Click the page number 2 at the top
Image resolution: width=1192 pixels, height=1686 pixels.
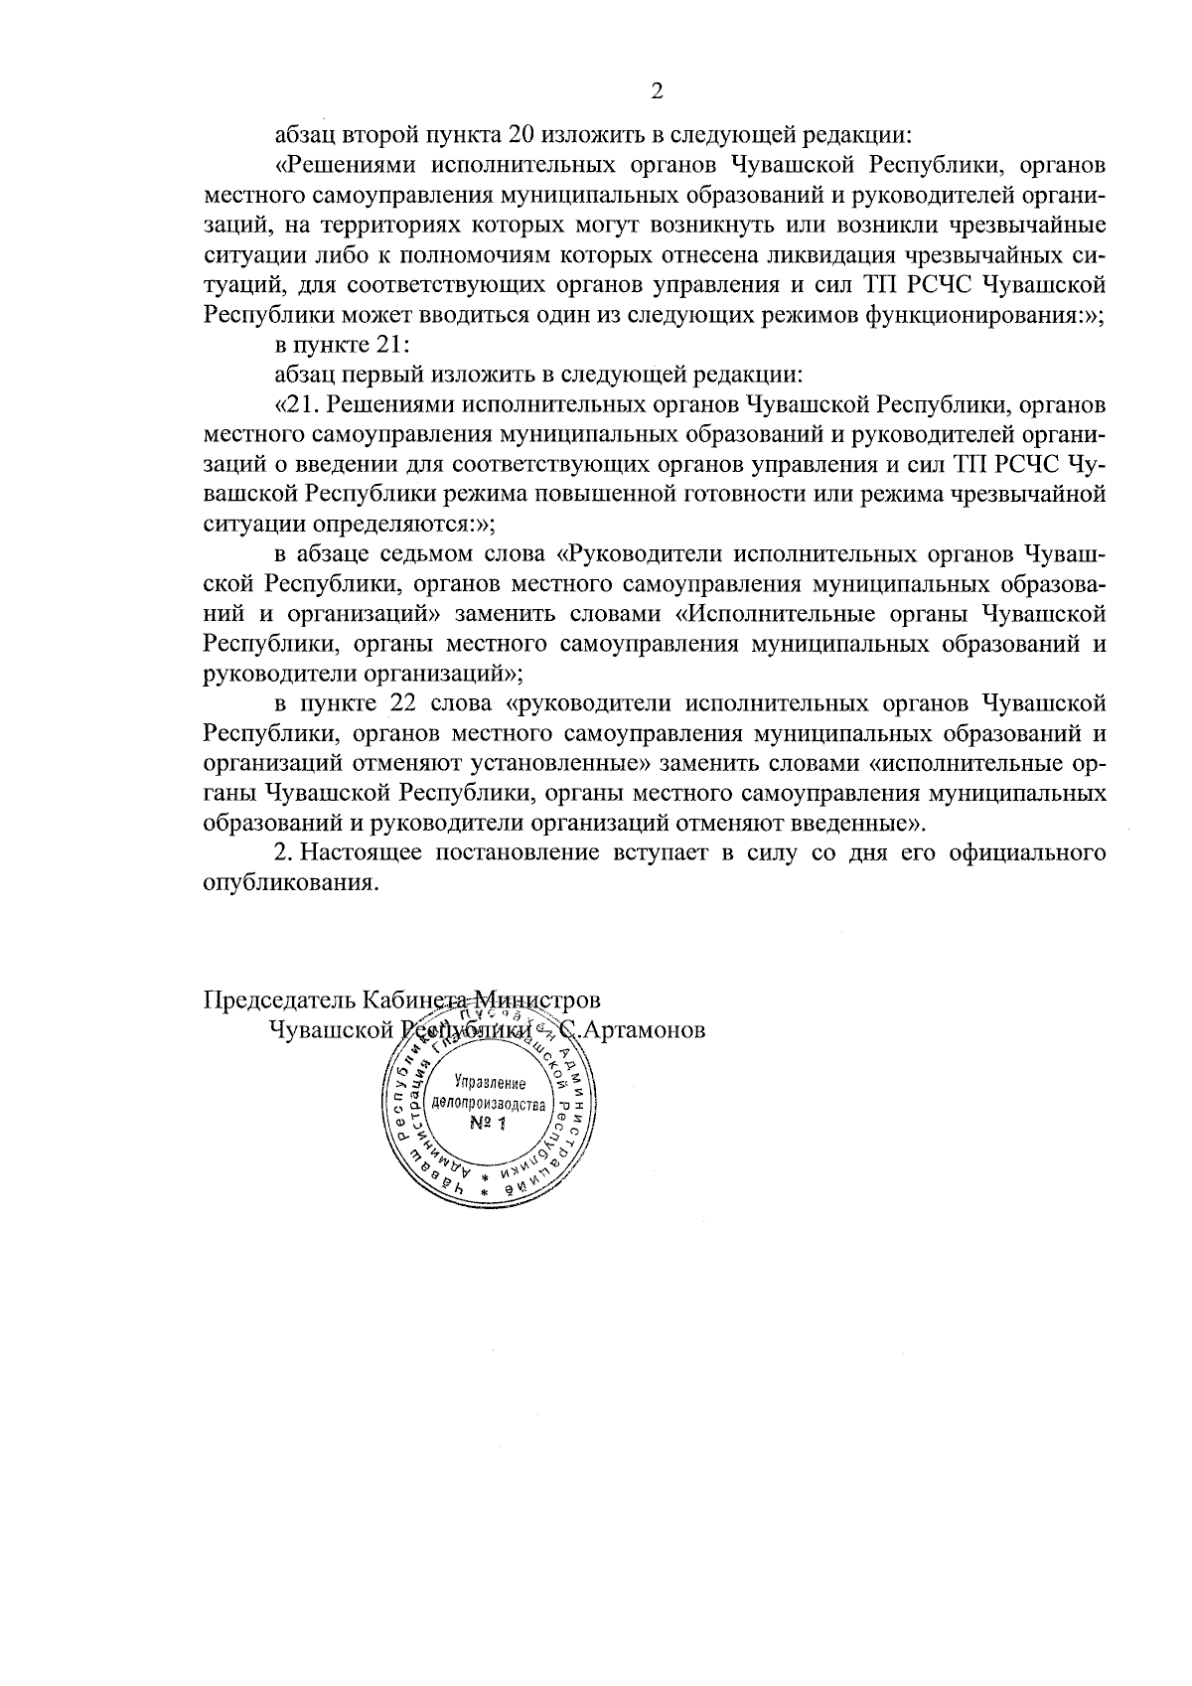click(x=656, y=91)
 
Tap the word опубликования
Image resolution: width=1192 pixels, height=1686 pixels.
click(x=290, y=885)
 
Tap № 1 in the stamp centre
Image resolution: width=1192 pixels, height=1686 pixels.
click(x=487, y=1124)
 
